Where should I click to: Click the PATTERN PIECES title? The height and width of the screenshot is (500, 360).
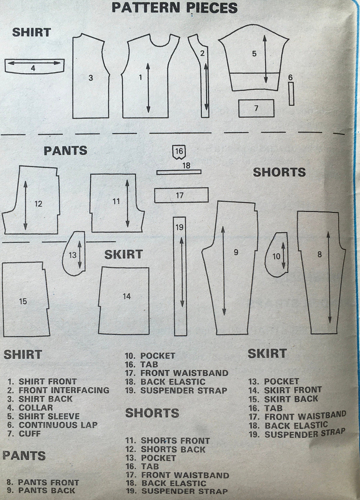pyautogui.click(x=175, y=8)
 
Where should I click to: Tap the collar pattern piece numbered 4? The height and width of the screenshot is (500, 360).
pyautogui.click(x=34, y=66)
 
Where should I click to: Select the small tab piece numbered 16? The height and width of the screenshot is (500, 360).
pyautogui.click(x=179, y=152)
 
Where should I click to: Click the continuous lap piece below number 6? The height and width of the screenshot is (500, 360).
pyautogui.click(x=291, y=93)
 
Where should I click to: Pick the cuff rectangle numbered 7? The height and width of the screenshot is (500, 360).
pyautogui.click(x=256, y=108)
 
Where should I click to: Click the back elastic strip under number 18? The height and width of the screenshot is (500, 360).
pyautogui.click(x=179, y=172)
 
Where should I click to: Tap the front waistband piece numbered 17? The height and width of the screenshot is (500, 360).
pyautogui.click(x=181, y=195)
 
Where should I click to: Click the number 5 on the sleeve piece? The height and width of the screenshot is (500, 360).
pyautogui.click(x=254, y=53)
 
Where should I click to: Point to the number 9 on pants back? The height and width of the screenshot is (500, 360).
pyautogui.click(x=236, y=252)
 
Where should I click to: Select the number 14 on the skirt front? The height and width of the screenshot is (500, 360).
pyautogui.click(x=127, y=296)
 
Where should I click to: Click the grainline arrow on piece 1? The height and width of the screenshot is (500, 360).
pyautogui.click(x=148, y=88)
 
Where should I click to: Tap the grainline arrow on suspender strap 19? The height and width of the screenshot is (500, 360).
pyautogui.click(x=182, y=272)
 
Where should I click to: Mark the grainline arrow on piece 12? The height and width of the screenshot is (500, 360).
pyautogui.click(x=25, y=205)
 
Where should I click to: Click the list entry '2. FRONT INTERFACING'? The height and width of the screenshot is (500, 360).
pyautogui.click(x=58, y=390)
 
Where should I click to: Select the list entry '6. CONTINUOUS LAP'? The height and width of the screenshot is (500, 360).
pyautogui.click(x=52, y=425)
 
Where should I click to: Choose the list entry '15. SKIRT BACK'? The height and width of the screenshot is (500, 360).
pyautogui.click(x=283, y=399)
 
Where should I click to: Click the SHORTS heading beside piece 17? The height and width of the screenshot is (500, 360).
pyautogui.click(x=279, y=172)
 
